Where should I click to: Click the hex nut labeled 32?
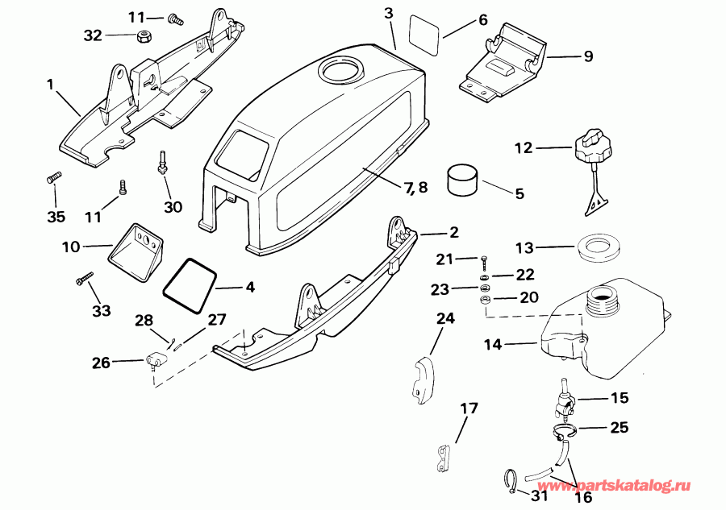[x=143, y=35]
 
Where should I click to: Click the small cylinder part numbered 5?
[x=463, y=180]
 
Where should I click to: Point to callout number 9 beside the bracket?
[x=588, y=56]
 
